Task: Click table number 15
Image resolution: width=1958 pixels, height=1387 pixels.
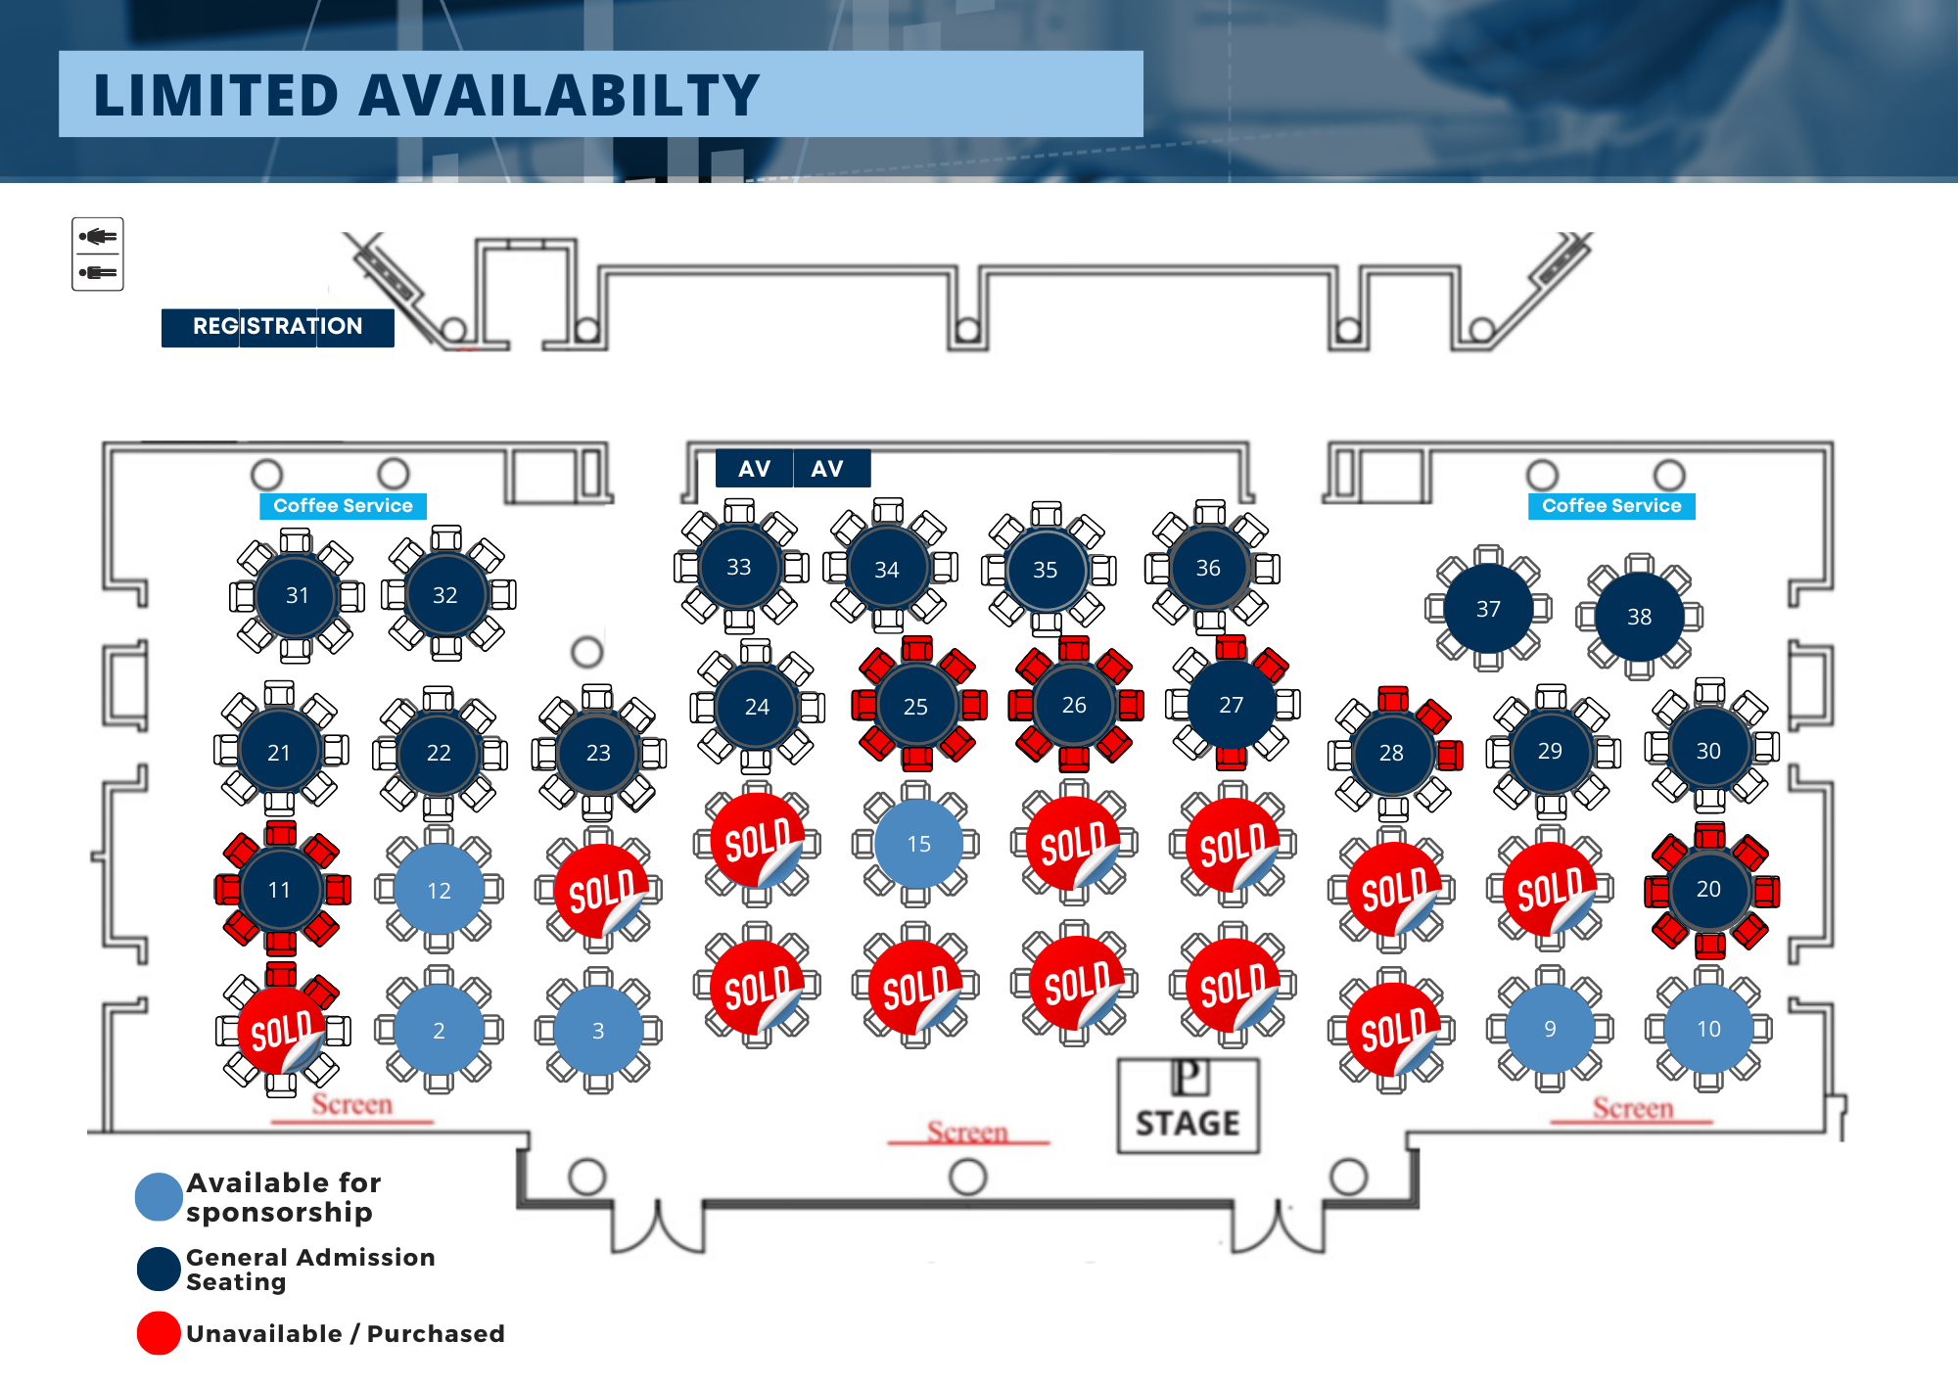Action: click(918, 844)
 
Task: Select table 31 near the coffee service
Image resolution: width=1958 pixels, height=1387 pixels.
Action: click(297, 595)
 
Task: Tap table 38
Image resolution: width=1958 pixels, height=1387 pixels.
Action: click(1639, 617)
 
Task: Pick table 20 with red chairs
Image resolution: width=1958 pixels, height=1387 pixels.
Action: click(1708, 889)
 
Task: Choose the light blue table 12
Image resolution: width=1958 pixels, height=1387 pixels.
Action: click(439, 891)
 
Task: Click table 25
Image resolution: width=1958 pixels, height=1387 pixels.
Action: click(915, 707)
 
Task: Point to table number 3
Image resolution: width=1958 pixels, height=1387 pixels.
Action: click(598, 1031)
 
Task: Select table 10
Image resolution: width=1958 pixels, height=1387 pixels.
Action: click(1708, 1029)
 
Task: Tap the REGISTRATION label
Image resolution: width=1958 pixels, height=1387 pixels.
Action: click(277, 327)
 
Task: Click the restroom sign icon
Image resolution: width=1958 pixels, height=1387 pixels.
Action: click(98, 254)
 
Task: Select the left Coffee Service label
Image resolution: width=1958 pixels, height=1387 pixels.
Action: click(343, 506)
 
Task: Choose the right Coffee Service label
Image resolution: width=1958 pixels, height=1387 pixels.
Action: click(1611, 506)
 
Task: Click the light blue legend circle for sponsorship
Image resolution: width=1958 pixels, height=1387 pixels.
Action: click(159, 1196)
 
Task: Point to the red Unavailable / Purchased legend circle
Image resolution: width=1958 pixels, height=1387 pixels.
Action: click(159, 1333)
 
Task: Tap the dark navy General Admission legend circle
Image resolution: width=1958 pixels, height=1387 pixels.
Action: click(159, 1270)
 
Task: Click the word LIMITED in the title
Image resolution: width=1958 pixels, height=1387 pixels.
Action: click(215, 96)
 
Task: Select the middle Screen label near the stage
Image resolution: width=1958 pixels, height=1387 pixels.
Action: click(967, 1133)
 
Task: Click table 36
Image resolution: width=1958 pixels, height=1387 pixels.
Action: click(1208, 568)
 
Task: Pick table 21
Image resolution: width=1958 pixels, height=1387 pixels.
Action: click(279, 752)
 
